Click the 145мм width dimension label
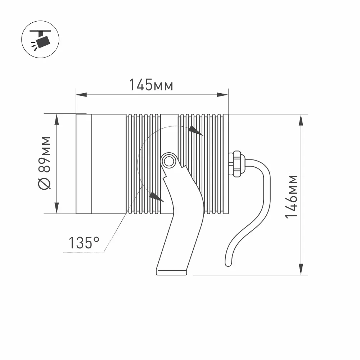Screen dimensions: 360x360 coord(151,85)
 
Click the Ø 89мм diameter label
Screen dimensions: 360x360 coord(45,163)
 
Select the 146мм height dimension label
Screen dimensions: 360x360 coord(291,197)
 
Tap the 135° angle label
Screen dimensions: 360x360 coord(84,243)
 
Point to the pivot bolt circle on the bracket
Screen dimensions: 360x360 coord(169,161)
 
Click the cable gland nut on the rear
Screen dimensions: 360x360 coord(236,163)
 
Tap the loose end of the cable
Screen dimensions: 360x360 coord(228,264)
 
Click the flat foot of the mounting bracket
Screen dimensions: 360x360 coord(171,272)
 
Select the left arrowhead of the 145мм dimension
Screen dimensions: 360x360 coord(81,95)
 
